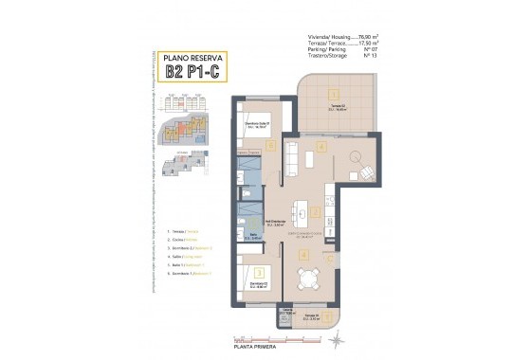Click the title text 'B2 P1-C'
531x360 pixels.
pyautogui.click(x=193, y=70)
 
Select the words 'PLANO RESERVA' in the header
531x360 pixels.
pyautogui.click(x=193, y=57)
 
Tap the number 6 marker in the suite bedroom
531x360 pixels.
pyautogui.click(x=271, y=146)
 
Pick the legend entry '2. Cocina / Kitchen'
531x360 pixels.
pyautogui.click(x=186, y=239)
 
